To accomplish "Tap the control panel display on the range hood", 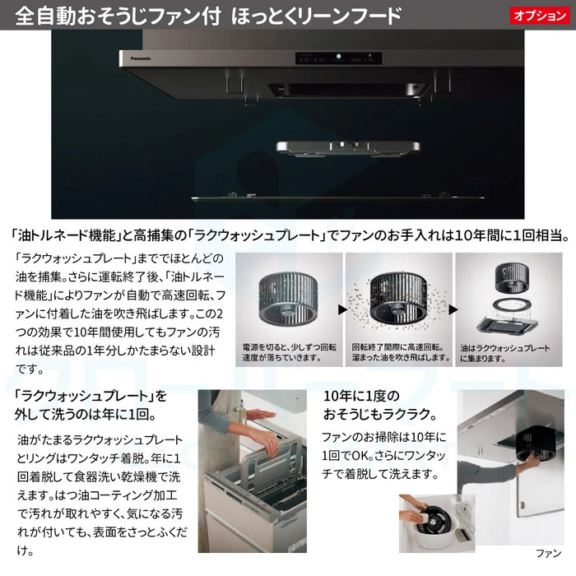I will [337, 59].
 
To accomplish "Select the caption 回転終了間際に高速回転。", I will [398, 346].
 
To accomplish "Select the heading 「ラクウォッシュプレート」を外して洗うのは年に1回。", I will [91, 404].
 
